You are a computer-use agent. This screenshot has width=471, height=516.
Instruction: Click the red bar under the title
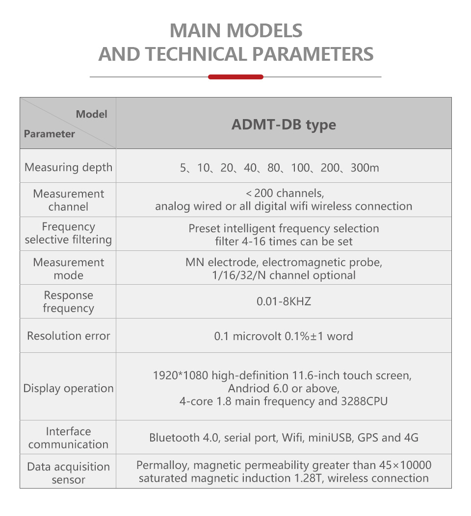coord(235,77)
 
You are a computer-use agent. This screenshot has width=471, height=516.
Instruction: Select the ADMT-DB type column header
coord(284,124)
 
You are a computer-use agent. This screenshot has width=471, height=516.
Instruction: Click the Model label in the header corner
coord(91,114)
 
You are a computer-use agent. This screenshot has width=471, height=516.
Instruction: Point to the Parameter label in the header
coord(50,134)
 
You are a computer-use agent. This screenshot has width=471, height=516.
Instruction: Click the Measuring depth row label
coord(68,167)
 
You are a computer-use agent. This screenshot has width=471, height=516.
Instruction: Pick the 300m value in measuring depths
coord(365,168)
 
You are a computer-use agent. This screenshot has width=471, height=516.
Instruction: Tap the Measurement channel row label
coord(68,200)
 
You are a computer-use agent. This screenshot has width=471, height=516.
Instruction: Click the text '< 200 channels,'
coord(285,193)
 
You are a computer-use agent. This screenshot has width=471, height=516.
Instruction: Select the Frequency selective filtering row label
coord(68,233)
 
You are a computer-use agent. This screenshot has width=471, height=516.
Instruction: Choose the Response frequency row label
coord(68,301)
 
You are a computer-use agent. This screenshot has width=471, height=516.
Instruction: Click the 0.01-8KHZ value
coord(284,301)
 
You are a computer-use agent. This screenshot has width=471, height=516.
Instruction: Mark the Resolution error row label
coord(68,336)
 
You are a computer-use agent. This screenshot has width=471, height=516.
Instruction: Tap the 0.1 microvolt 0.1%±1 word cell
coord(284,336)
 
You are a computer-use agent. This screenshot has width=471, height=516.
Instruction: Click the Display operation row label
coord(68,389)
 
